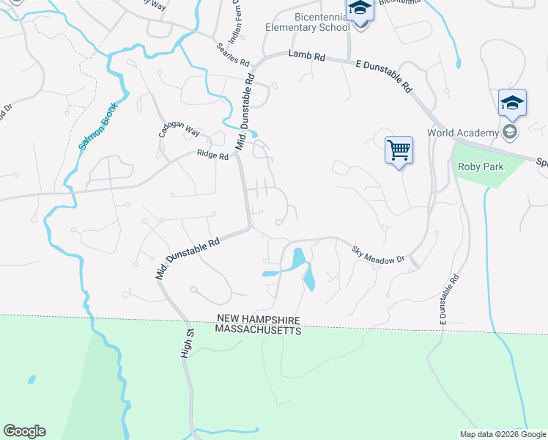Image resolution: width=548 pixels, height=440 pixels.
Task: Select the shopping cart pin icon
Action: click(399, 150)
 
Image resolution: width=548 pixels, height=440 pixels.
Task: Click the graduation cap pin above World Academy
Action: click(512, 103)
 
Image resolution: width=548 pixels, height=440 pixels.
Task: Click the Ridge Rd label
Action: click(212, 154)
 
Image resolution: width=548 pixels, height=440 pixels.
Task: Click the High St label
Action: click(187, 343)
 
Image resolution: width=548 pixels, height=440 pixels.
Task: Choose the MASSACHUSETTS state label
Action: click(258, 331)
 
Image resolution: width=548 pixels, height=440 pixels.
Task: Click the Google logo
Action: click(25, 431)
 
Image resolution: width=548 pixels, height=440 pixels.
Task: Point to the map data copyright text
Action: click(503, 434)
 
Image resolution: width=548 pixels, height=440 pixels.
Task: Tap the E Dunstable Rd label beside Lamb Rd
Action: click(382, 75)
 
